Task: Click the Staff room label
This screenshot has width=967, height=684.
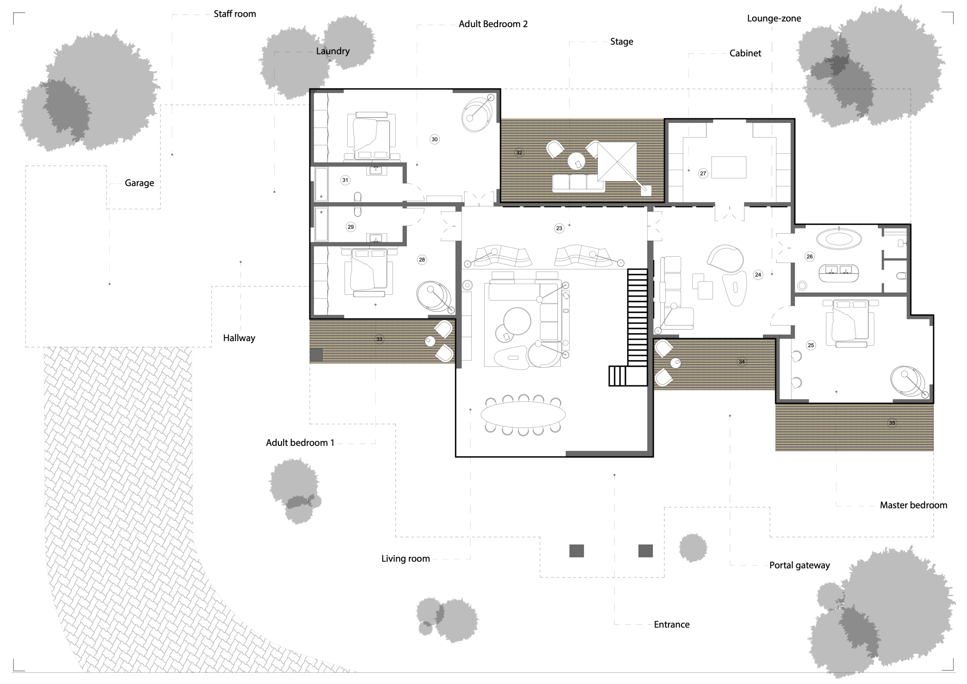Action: tap(235, 14)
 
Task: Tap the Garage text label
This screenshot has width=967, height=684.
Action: tap(139, 183)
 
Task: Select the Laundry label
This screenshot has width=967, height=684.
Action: tap(333, 51)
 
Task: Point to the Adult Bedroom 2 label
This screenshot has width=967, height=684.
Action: tap(493, 24)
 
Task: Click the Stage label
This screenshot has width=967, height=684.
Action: tap(622, 42)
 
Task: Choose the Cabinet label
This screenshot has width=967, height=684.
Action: tap(745, 53)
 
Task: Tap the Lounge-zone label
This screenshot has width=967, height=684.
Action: tap(774, 19)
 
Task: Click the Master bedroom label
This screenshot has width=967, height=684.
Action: tap(913, 505)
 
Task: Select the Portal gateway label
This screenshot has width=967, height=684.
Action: tap(799, 565)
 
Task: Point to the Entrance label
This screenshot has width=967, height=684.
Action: tap(671, 624)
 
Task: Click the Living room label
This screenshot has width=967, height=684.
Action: tap(406, 559)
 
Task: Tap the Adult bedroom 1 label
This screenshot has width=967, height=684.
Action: tap(300, 443)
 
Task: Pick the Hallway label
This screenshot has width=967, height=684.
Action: tap(239, 338)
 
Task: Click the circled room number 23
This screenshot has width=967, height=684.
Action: tap(559, 228)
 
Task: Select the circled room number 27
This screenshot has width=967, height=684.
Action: tap(703, 173)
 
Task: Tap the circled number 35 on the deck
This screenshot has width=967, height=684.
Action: tap(891, 423)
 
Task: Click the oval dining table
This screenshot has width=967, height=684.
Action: tap(523, 415)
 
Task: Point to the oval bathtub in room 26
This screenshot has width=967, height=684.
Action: tap(839, 239)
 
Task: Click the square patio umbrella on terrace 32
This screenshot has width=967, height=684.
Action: tap(618, 161)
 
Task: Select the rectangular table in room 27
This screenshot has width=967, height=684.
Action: tap(729, 167)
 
